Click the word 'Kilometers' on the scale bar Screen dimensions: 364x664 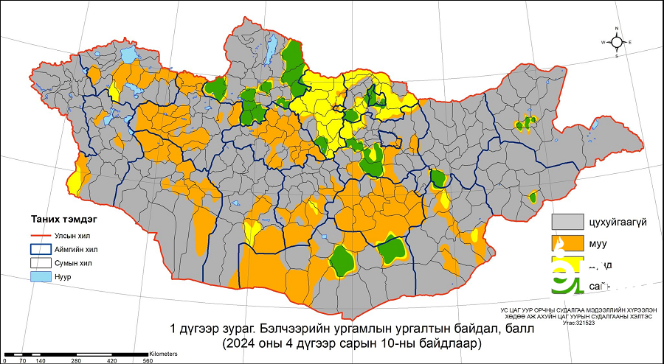pyautogui.click(x=163, y=354)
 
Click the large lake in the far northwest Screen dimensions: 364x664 pyautogui.click(x=129, y=55)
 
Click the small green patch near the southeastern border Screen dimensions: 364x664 pyautogui.click(x=533, y=197)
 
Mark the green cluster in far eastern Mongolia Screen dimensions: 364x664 pyautogui.click(x=526, y=123)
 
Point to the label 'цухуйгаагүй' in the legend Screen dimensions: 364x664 pyautogui.click(x=618, y=222)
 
